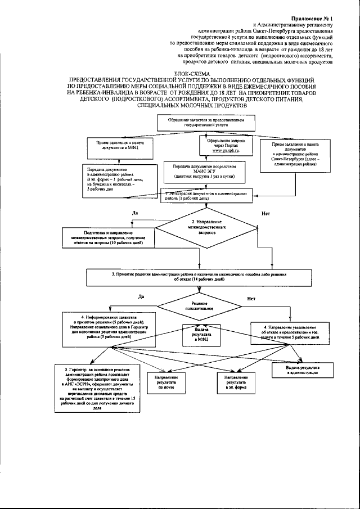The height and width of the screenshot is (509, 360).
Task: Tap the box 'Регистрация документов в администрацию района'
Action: (205, 196)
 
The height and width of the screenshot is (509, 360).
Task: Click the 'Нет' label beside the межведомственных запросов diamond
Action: (265, 214)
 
